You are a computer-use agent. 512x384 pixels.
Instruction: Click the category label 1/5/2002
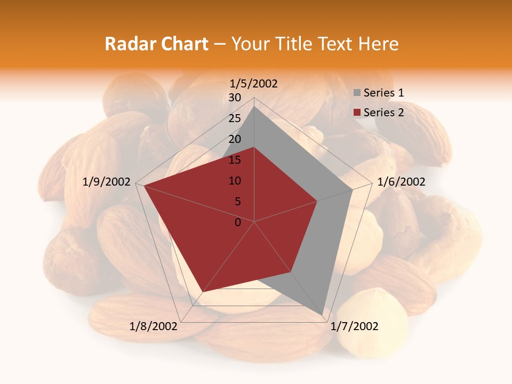[x=254, y=83]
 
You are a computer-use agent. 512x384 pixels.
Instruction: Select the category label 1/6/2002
[x=401, y=182]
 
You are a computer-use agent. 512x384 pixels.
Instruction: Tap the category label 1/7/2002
[x=354, y=326]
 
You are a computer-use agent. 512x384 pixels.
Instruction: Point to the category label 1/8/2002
[x=153, y=326]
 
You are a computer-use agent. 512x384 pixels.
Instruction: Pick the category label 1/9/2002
[x=107, y=182]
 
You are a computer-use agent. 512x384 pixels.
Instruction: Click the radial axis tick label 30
[x=235, y=98]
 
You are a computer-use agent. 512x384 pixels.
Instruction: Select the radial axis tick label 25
[x=235, y=118]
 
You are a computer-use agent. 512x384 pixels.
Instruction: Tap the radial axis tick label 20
[x=235, y=139]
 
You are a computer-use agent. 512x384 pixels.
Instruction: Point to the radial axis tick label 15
[x=235, y=160]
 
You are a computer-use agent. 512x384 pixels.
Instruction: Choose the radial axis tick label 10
[x=235, y=181]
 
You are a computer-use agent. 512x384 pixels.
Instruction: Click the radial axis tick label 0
[x=238, y=222]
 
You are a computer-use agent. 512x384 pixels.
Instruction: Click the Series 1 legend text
[x=383, y=93]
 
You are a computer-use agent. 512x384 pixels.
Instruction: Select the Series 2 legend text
[x=383, y=113]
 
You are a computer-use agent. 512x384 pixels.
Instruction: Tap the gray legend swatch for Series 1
[x=357, y=93]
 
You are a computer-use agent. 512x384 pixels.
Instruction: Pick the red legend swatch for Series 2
[x=357, y=113]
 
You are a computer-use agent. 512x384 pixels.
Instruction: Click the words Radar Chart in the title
[x=156, y=44]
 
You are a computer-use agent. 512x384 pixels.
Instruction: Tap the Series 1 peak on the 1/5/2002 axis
[x=254, y=106]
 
